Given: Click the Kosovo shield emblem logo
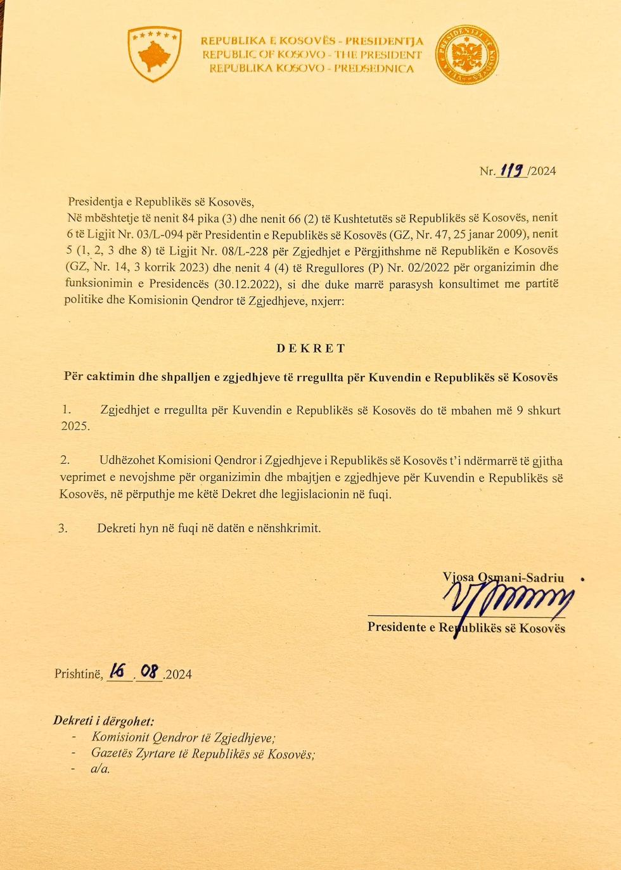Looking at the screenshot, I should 155,54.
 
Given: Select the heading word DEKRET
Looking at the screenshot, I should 310,349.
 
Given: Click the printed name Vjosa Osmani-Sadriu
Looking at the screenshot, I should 503,577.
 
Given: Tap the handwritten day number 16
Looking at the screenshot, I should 118,671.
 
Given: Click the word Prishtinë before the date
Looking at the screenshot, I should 78,674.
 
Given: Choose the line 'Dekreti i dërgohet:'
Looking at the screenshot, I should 103,720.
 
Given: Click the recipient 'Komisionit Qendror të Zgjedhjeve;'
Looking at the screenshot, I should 183,737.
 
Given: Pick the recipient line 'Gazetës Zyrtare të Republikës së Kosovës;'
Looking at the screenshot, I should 203,753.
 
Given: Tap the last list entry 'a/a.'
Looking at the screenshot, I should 101,769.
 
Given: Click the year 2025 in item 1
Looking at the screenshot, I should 75,426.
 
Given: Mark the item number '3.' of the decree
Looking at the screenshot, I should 63,528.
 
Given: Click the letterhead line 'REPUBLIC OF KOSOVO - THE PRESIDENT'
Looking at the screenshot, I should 312,55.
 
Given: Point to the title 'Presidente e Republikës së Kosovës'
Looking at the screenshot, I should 466,628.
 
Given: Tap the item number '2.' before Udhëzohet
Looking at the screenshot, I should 65,460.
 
